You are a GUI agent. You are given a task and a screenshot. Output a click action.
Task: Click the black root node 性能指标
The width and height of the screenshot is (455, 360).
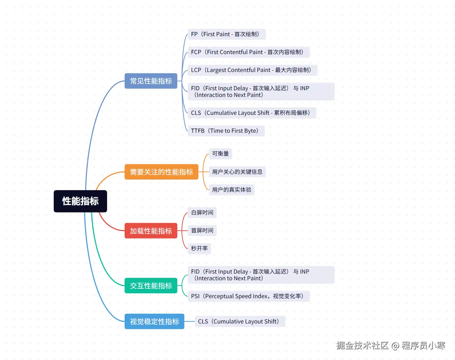point(80,201)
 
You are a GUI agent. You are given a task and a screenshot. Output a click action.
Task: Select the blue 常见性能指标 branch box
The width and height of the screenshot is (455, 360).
point(151,81)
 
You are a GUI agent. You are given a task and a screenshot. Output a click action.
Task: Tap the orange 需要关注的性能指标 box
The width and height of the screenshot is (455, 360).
point(161,172)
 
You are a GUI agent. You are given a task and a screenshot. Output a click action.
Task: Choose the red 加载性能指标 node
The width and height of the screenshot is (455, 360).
point(151,231)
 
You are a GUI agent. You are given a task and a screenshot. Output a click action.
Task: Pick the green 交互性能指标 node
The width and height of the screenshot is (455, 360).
point(151,286)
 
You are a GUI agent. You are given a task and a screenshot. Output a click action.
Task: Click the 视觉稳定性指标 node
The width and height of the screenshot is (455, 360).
point(154,322)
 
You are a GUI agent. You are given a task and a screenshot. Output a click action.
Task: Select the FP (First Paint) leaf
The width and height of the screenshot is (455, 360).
point(226,34)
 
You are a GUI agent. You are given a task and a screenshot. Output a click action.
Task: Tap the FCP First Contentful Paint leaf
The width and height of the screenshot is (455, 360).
point(249,52)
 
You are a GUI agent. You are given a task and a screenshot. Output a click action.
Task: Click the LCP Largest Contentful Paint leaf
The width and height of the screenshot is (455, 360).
point(252,70)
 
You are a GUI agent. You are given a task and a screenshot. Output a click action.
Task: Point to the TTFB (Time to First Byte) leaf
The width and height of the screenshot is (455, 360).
point(226,131)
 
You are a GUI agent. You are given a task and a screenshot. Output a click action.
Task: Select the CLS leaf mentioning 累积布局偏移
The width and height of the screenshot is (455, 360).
point(252,113)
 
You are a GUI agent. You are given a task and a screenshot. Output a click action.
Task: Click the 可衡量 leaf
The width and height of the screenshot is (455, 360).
point(220,154)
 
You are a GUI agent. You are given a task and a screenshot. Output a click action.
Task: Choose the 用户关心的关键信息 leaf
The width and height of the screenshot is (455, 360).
point(237,172)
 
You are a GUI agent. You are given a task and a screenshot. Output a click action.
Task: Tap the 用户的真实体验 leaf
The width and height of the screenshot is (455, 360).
point(232,190)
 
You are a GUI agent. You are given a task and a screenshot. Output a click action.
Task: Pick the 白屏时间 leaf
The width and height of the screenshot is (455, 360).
point(202,213)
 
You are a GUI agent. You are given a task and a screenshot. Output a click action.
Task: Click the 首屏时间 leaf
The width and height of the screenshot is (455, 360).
point(202,231)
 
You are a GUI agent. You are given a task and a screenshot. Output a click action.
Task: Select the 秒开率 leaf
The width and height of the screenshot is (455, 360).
point(199,249)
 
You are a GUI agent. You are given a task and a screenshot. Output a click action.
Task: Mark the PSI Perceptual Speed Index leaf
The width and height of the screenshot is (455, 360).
point(249,296)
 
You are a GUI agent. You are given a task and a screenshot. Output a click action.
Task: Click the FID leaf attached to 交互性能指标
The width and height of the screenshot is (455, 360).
point(261,275)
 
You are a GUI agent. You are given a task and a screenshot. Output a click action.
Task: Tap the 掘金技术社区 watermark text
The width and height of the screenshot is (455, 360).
point(362,346)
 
